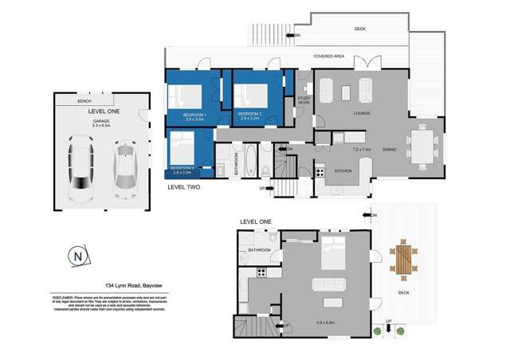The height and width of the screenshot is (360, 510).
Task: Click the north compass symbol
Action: click(x=77, y=256)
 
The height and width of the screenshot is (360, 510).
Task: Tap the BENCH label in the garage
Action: click(x=84, y=102)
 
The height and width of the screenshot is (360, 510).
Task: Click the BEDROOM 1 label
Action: click(x=194, y=116)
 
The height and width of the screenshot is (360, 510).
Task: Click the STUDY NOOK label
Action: click(x=304, y=101)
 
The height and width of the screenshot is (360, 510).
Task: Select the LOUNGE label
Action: click(x=362, y=113)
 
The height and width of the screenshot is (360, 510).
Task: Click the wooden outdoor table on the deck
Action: click(x=403, y=260)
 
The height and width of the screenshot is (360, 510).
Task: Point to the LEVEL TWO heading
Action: click(x=183, y=187)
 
